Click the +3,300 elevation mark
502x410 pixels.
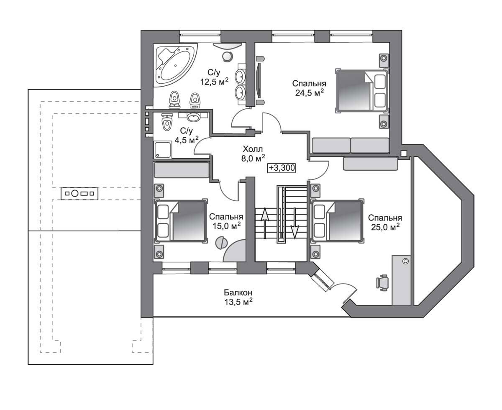[282, 168]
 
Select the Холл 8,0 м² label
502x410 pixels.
[253, 154]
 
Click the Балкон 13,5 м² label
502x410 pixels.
[238, 297]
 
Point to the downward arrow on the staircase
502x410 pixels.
[295, 223]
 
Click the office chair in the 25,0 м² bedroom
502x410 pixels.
[382, 283]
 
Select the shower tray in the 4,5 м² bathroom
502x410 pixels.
[163, 149]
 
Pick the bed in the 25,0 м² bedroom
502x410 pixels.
[338, 221]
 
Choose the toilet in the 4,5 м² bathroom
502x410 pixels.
[167, 122]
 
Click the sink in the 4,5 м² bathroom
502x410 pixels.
[193, 117]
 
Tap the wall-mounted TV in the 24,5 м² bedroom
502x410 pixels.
[259, 80]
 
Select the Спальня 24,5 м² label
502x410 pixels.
[309, 88]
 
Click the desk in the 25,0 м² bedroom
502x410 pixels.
[401, 280]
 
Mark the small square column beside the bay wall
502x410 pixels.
[404, 154]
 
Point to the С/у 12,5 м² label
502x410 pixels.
[214, 77]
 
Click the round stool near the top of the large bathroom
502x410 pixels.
[227, 56]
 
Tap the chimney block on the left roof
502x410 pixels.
[79, 194]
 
